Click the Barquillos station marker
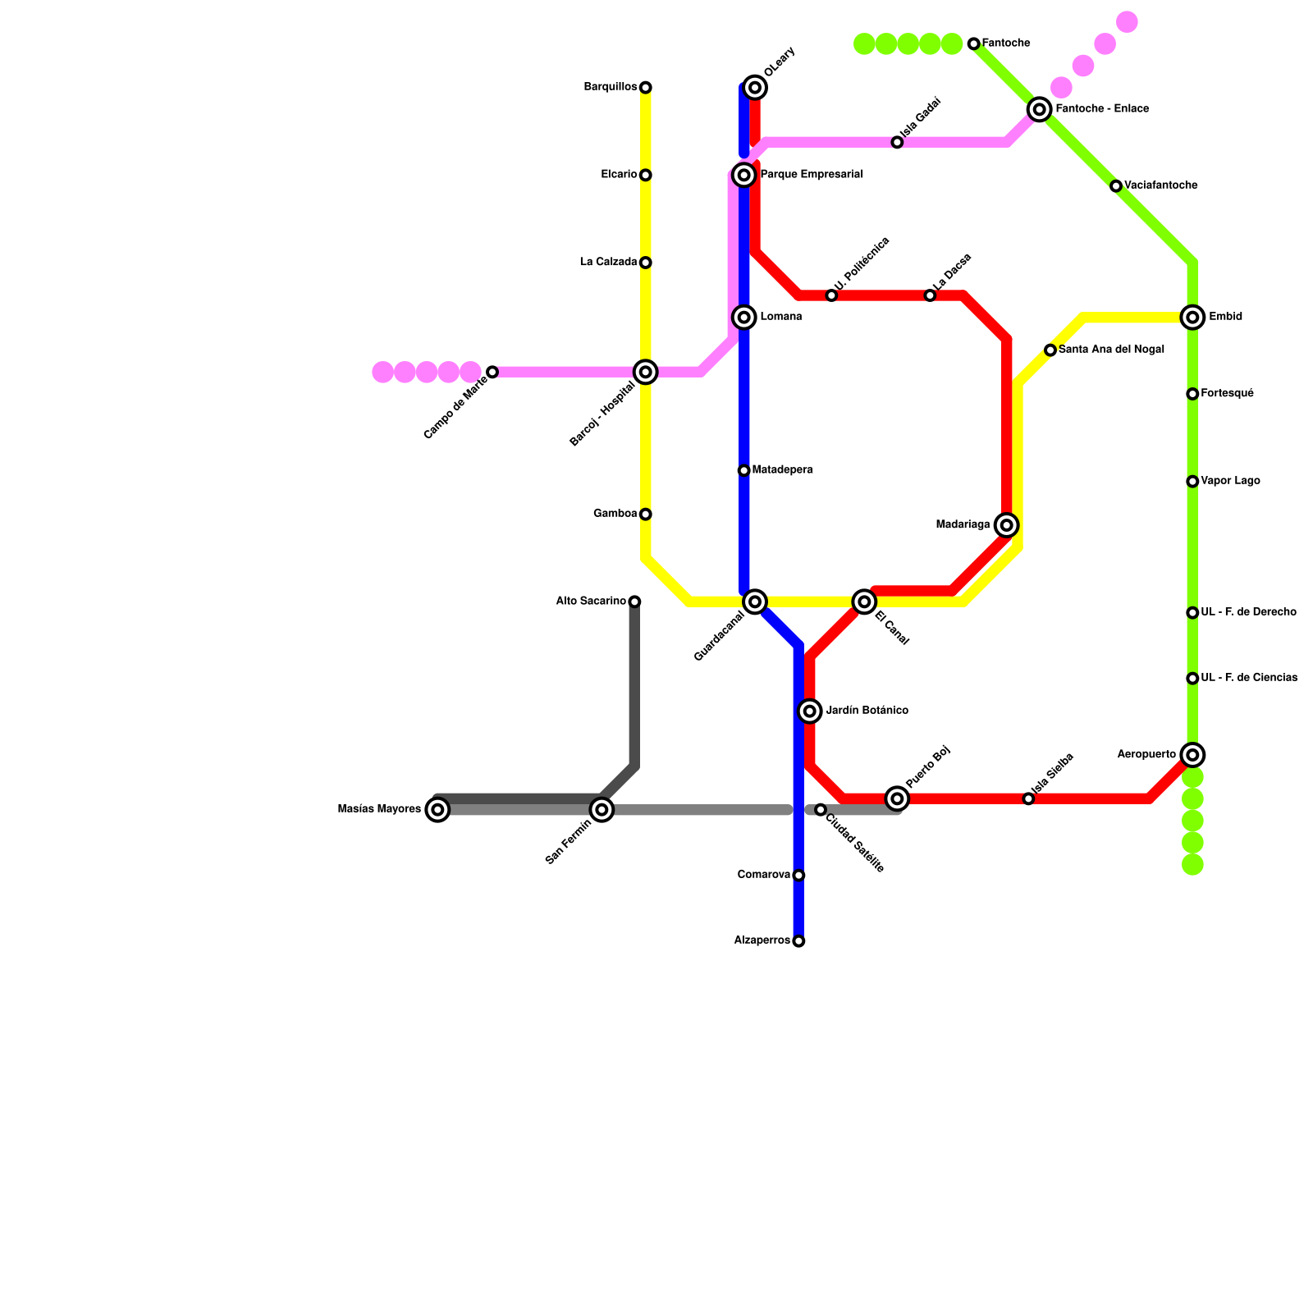click(646, 88)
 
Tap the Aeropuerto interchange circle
click(1192, 755)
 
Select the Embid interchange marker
click(1192, 318)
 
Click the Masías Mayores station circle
click(438, 810)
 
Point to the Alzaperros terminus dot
click(798, 941)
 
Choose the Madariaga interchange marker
click(1007, 525)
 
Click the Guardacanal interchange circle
click(755, 602)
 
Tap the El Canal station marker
click(864, 602)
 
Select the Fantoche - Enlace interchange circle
click(1040, 109)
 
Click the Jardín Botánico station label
click(867, 711)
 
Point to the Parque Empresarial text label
click(811, 175)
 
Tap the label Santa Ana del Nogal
click(1111, 350)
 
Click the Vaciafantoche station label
click(1160, 186)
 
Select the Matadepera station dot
click(743, 471)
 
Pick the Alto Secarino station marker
click(634, 602)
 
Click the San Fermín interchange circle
click(602, 810)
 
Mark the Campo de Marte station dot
click(492, 373)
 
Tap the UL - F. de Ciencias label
click(1249, 679)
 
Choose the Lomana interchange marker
click(744, 318)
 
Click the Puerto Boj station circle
click(897, 798)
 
